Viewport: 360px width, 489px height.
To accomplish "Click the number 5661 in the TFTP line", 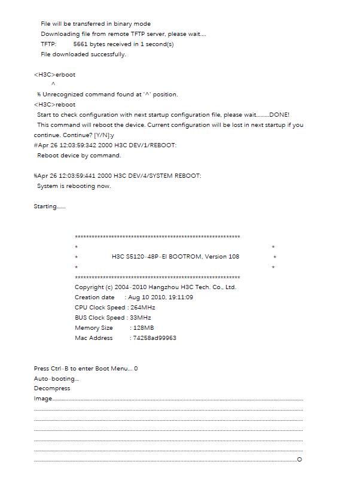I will point(80,44).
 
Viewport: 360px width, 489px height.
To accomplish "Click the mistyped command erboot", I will point(65,75).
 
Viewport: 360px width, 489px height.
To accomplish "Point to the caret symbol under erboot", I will point(53,84).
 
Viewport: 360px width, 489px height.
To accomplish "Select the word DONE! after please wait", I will point(279,114).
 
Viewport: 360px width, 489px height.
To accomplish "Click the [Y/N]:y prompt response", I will point(103,135).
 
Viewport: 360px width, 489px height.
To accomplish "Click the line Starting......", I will point(50,206).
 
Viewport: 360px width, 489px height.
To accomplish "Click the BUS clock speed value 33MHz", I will point(140,318).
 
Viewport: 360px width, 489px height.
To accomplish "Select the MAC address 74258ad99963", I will point(154,338).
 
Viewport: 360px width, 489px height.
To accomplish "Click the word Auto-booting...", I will point(56,379).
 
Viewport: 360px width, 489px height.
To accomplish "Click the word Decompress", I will point(52,388).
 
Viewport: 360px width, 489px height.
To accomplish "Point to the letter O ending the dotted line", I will point(299,460).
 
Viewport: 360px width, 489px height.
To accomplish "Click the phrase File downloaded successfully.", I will point(83,54).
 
